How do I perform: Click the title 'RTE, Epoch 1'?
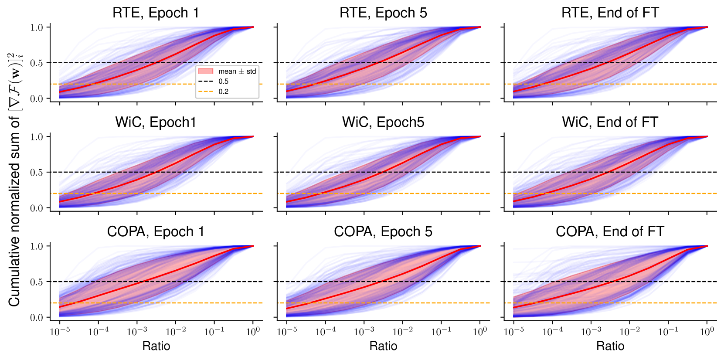pyautogui.click(x=156, y=13)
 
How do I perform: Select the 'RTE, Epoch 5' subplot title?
pyautogui.click(x=383, y=13)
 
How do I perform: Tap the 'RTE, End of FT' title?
pyautogui.click(x=610, y=13)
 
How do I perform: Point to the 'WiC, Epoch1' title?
pyautogui.click(x=156, y=122)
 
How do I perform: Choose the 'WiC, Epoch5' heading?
pyautogui.click(x=383, y=122)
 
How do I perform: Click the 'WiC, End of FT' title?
pyautogui.click(x=610, y=122)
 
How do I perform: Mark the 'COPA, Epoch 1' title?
pyautogui.click(x=156, y=232)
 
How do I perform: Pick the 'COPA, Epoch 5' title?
pyautogui.click(x=383, y=232)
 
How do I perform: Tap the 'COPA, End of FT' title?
pyautogui.click(x=610, y=232)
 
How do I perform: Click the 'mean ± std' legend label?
pyautogui.click(x=237, y=71)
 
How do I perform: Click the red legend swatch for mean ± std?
pyautogui.click(x=206, y=71)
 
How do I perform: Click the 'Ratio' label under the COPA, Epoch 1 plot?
pyautogui.click(x=156, y=346)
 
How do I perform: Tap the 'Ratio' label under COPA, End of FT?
pyautogui.click(x=610, y=346)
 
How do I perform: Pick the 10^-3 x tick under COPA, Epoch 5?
pyautogui.click(x=364, y=332)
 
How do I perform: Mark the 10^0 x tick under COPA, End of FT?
pyautogui.click(x=707, y=332)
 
